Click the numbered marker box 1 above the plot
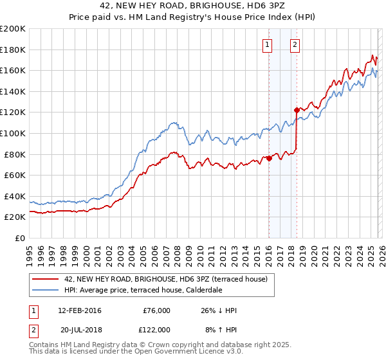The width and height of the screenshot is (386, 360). [x=267, y=44]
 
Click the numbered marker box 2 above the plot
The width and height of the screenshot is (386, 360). [x=295, y=44]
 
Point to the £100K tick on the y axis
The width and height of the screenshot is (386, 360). [x=13, y=133]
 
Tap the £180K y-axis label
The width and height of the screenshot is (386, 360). [x=13, y=50]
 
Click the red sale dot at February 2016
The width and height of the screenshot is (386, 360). [x=269, y=159]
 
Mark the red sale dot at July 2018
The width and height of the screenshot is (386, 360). [x=297, y=110]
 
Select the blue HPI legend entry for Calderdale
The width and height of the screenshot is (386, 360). [x=143, y=290]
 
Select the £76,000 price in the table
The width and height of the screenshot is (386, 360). [x=156, y=310]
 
